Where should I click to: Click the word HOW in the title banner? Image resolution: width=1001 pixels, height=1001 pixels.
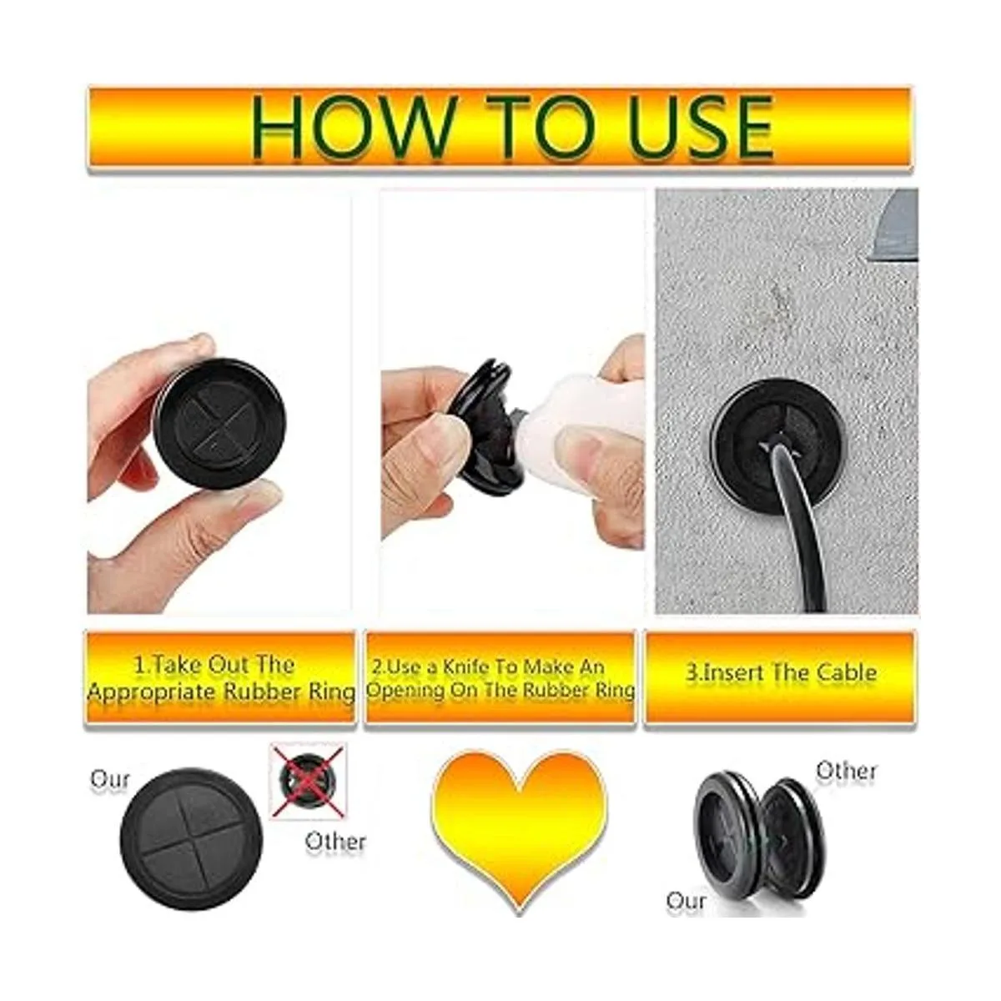click(353, 128)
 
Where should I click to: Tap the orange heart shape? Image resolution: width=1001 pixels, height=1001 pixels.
click(520, 831)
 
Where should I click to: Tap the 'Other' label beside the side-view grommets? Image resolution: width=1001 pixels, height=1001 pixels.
click(846, 771)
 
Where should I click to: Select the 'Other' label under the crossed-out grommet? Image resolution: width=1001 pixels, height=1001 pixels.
click(335, 842)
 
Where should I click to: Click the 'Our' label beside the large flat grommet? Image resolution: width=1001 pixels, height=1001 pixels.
click(109, 779)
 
